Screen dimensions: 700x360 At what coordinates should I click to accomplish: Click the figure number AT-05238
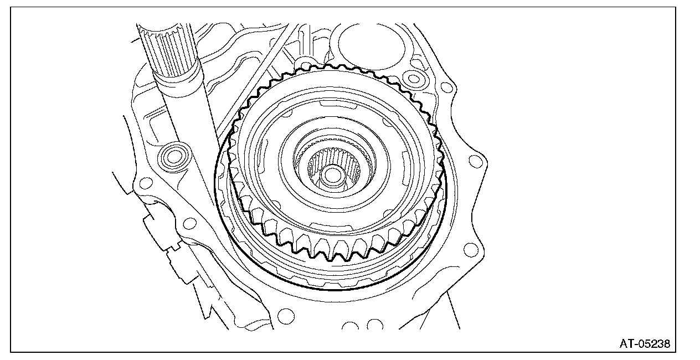coord(645,344)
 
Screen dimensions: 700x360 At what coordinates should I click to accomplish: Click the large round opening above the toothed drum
coord(371,47)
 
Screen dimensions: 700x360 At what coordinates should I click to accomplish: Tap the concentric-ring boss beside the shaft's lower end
coord(174,157)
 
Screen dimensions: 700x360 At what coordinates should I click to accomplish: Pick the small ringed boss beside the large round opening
coord(414,79)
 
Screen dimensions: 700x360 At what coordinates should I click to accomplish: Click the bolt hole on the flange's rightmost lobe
coord(475,162)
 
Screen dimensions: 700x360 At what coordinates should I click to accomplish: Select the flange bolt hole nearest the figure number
coord(471,250)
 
